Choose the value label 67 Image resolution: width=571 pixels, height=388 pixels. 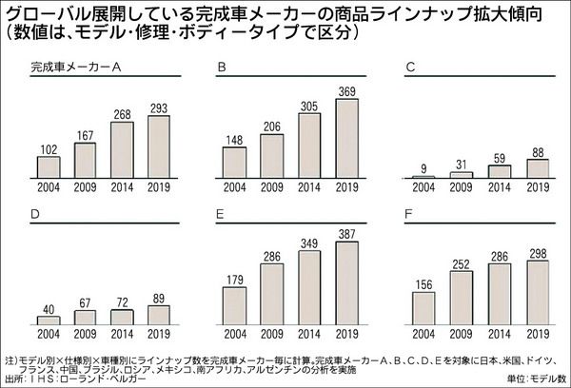pyautogui.click(x=85, y=303)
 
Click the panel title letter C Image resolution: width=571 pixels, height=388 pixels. pyautogui.click(x=410, y=68)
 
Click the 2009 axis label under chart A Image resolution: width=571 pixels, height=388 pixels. pyautogui.click(x=85, y=187)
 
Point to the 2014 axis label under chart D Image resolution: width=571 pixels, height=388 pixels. pyautogui.click(x=122, y=334)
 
